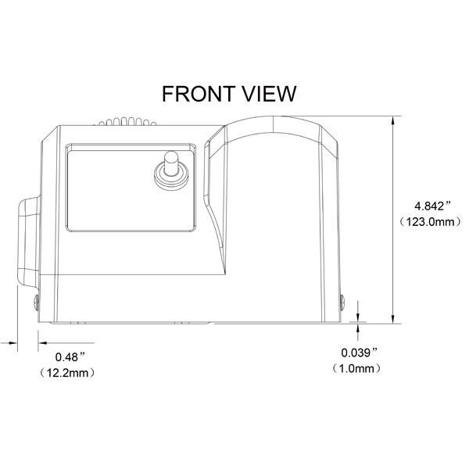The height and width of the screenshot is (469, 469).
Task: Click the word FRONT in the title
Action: [199, 94]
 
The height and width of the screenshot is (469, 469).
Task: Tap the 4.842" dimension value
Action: [432, 206]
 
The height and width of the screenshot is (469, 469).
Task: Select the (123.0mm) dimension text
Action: [431, 222]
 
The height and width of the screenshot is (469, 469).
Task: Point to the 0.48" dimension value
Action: [70, 356]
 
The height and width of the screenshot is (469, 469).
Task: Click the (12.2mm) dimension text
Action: [67, 373]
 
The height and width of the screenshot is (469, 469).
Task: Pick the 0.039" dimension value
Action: [360, 353]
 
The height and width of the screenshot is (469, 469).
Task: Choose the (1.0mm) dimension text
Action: [357, 368]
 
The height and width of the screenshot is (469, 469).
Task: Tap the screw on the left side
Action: [37, 303]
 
